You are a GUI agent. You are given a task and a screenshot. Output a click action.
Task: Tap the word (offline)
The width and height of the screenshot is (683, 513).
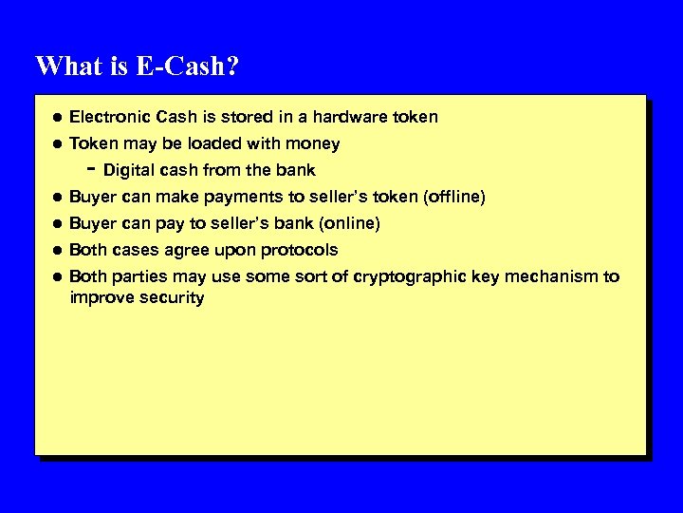pos(455,197)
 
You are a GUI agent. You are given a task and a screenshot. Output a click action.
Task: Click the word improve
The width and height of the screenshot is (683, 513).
pos(101,298)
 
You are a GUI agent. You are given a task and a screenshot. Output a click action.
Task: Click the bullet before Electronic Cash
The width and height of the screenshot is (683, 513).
pos(57,118)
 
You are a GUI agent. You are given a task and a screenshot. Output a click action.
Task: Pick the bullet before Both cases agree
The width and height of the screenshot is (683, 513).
pos(57,251)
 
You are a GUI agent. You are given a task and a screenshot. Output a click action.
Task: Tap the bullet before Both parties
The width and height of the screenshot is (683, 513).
pos(57,277)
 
